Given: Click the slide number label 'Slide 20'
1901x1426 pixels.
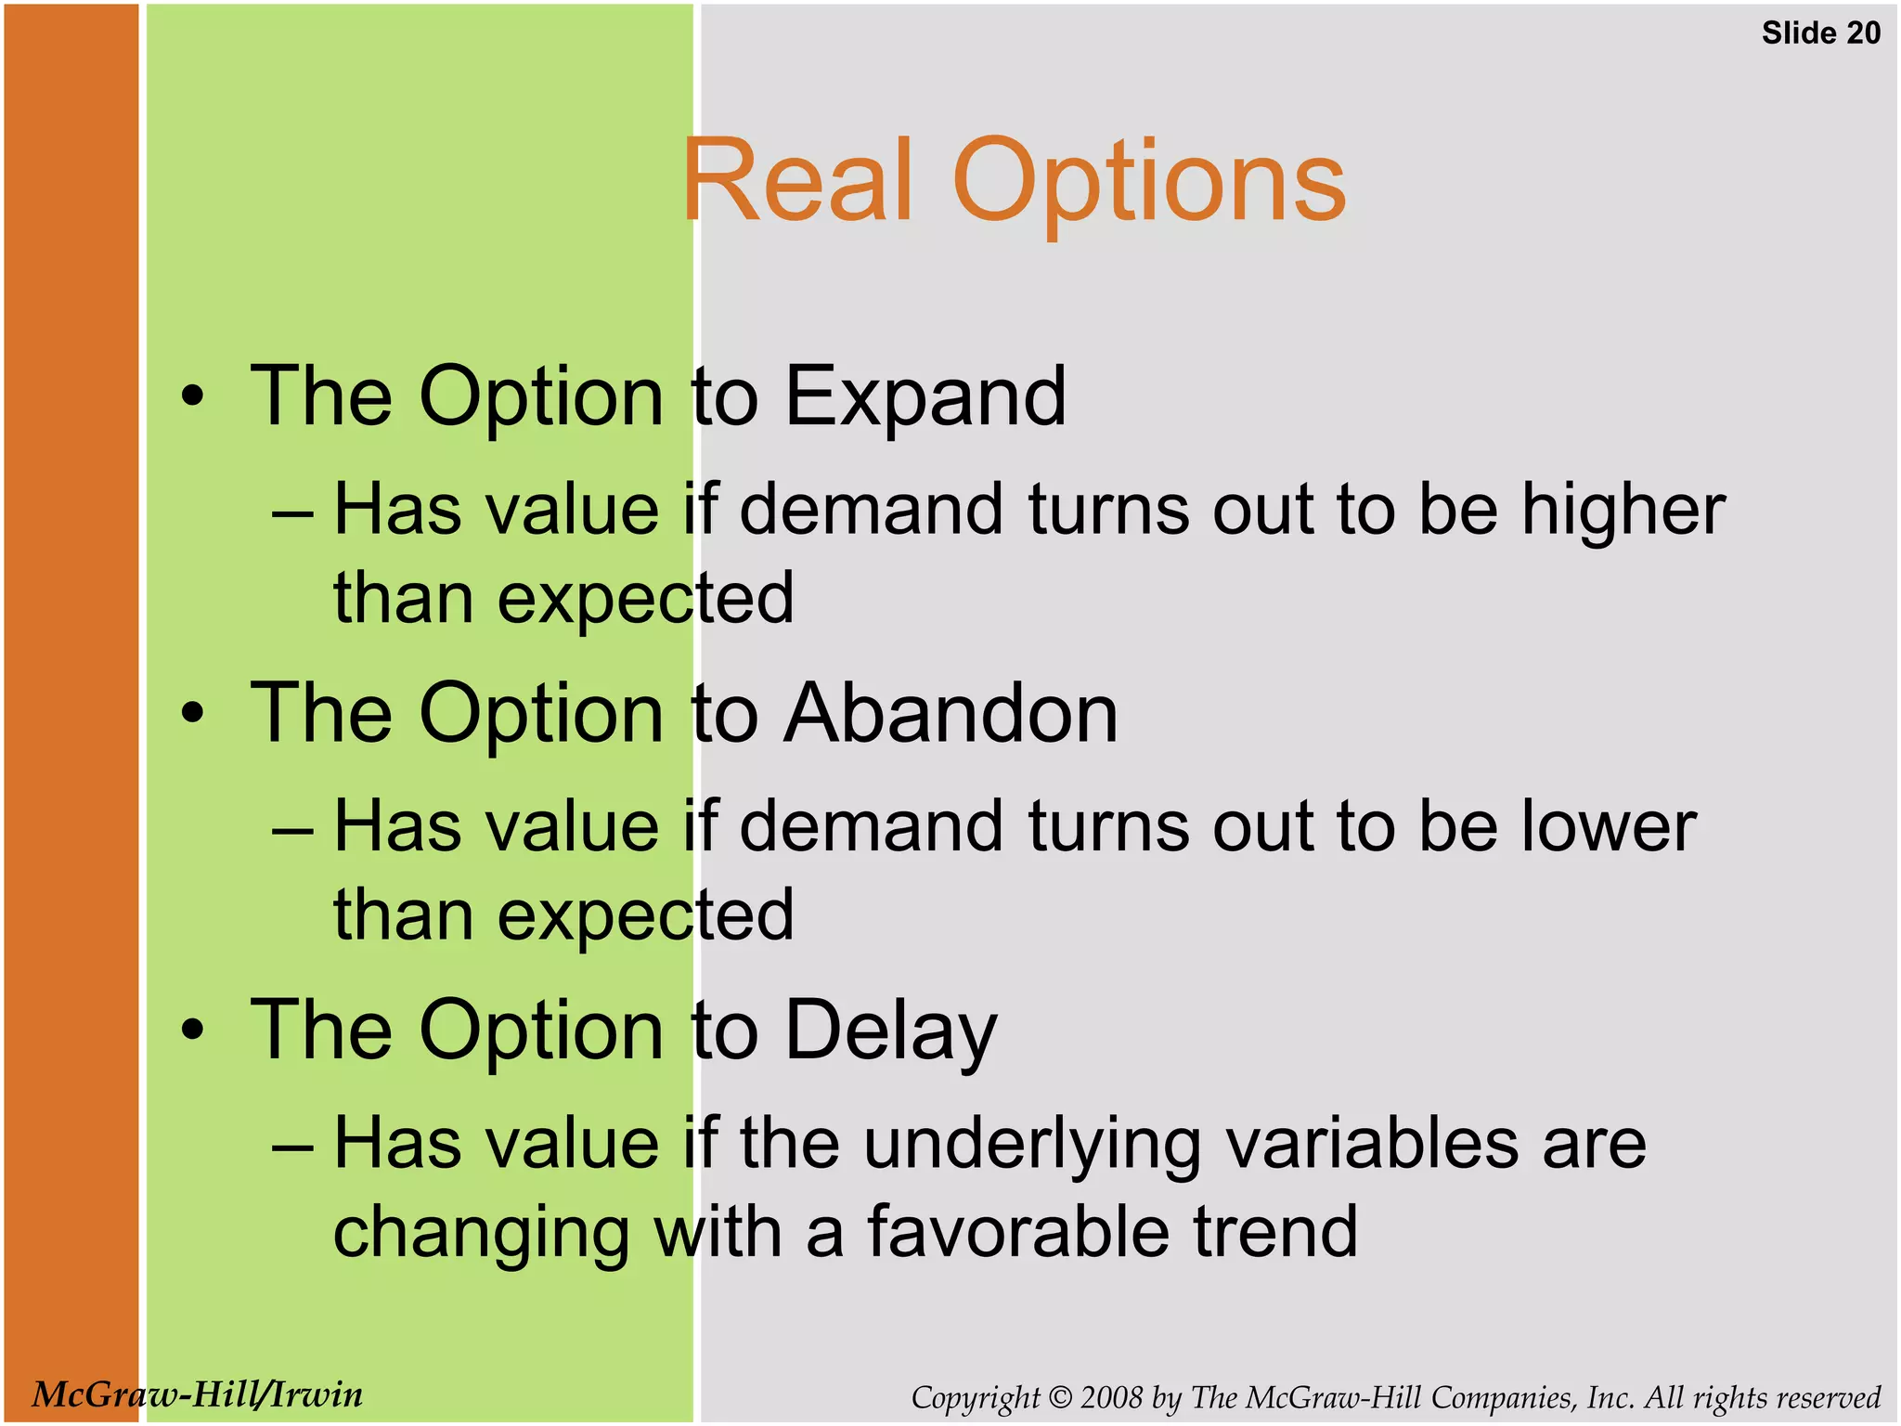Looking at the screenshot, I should pyautogui.click(x=1820, y=33).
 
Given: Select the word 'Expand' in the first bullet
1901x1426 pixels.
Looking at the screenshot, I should pyautogui.click(x=925, y=397).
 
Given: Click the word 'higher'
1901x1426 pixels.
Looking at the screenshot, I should pyautogui.click(x=1623, y=511).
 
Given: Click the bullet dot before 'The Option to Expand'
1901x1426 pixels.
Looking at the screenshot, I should pyautogui.click(x=192, y=397).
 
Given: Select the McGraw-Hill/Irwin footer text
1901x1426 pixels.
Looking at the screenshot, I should pyautogui.click(x=197, y=1394).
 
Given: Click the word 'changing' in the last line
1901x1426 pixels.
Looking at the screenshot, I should pyautogui.click(x=481, y=1233).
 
